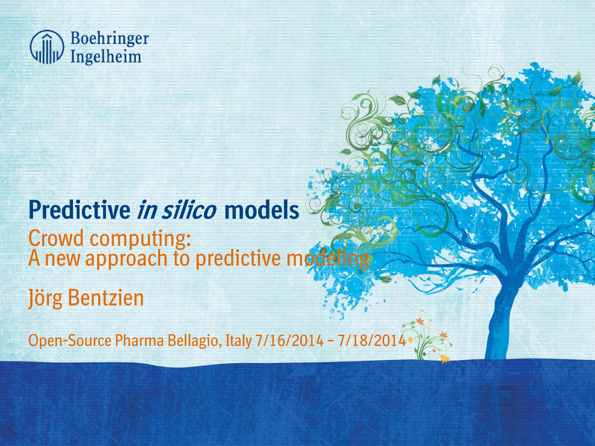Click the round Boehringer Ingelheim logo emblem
[46, 47]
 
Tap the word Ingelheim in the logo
[106, 57]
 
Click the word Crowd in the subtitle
[56, 238]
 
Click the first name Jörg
[45, 298]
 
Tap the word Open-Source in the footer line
[70, 341]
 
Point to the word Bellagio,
[195, 341]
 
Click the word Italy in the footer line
[239, 341]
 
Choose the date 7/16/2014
[289, 341]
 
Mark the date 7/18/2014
[372, 341]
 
